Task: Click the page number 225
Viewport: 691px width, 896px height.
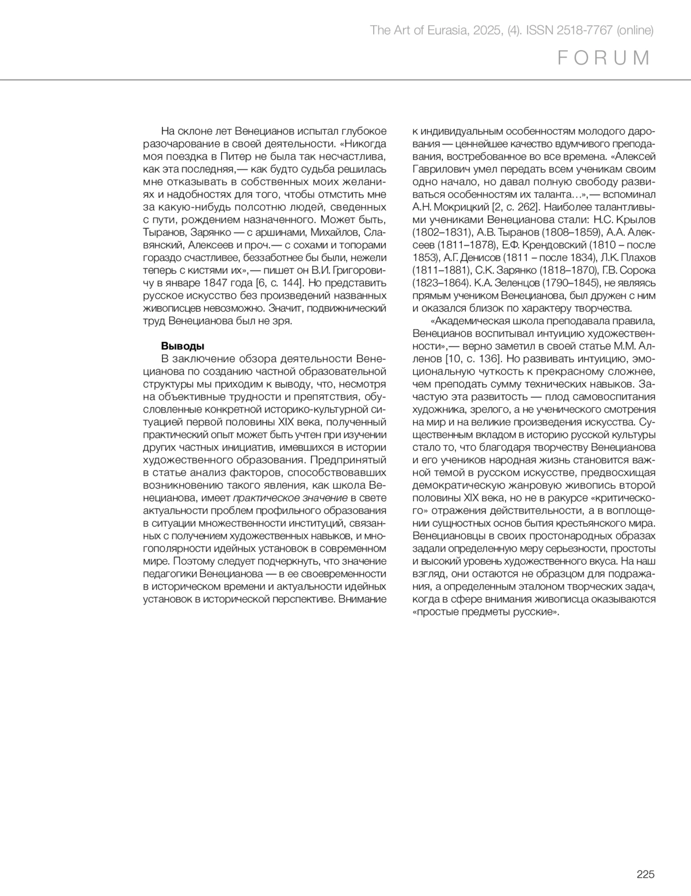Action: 646,875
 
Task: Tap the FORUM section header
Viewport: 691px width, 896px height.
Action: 604,58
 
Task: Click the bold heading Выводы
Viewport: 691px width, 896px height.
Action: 183,346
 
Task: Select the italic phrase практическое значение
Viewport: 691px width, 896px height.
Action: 290,498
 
